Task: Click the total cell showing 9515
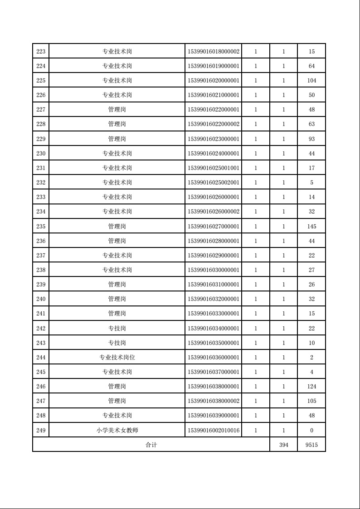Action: pos(311,445)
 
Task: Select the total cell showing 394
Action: pos(284,445)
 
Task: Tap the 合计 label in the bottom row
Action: pos(151,445)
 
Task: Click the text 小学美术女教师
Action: pos(117,430)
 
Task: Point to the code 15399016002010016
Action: pos(214,430)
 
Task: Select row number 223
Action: pos(41,52)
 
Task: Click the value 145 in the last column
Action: pos(311,226)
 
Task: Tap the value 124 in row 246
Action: pos(311,387)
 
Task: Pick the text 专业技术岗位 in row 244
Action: pos(117,357)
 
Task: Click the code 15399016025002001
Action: pos(214,183)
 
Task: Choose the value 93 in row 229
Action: pos(311,139)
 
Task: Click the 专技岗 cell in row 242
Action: pos(117,328)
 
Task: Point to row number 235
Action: pos(41,226)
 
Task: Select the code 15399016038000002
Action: pos(214,401)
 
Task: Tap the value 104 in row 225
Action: pos(311,81)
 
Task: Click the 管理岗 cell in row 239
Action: pos(117,285)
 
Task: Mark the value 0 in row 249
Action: pos(311,430)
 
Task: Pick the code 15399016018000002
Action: pos(214,52)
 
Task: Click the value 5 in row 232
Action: pos(311,183)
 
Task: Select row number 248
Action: pos(41,416)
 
